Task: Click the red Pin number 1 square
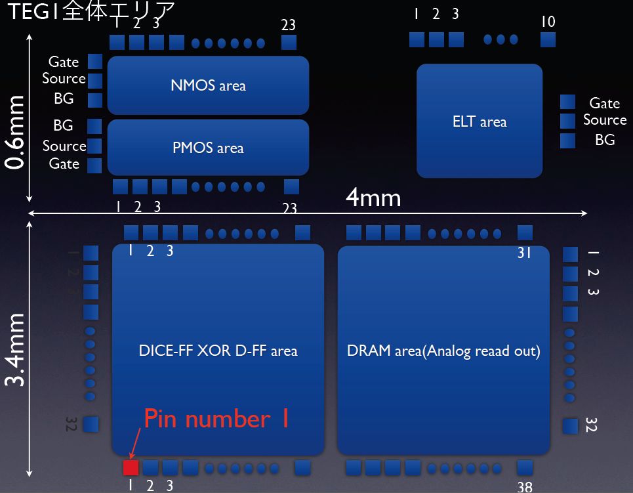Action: (x=131, y=467)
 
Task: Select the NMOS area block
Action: (x=208, y=85)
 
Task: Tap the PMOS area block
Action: (x=208, y=147)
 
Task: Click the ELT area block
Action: (x=480, y=121)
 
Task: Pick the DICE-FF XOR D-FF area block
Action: (x=218, y=350)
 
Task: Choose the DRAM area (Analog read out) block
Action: (x=443, y=350)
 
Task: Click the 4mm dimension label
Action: (x=373, y=197)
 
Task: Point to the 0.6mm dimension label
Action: (x=14, y=131)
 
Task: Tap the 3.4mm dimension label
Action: (x=14, y=349)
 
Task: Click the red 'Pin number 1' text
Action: (x=216, y=419)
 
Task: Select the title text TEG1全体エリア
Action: (x=91, y=11)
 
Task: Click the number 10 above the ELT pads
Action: (x=548, y=22)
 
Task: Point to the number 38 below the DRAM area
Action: (x=524, y=486)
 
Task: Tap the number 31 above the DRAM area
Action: (x=523, y=252)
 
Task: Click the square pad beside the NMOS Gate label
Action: (x=95, y=62)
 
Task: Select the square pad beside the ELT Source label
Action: (x=567, y=121)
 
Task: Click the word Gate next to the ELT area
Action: (x=604, y=103)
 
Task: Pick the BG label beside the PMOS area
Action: (x=63, y=125)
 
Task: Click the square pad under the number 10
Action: (x=548, y=39)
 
